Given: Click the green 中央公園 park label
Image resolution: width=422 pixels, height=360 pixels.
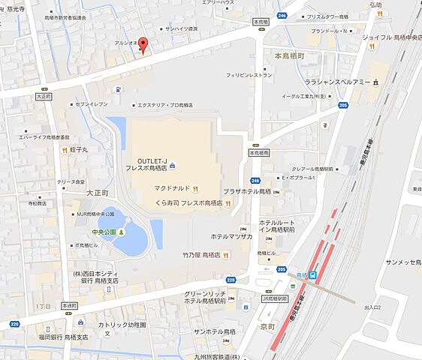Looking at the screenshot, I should (103, 232).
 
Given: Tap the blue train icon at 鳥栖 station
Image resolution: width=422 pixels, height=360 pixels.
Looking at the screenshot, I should (313, 276).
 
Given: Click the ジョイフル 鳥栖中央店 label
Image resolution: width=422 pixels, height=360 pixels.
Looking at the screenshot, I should (388, 37).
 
